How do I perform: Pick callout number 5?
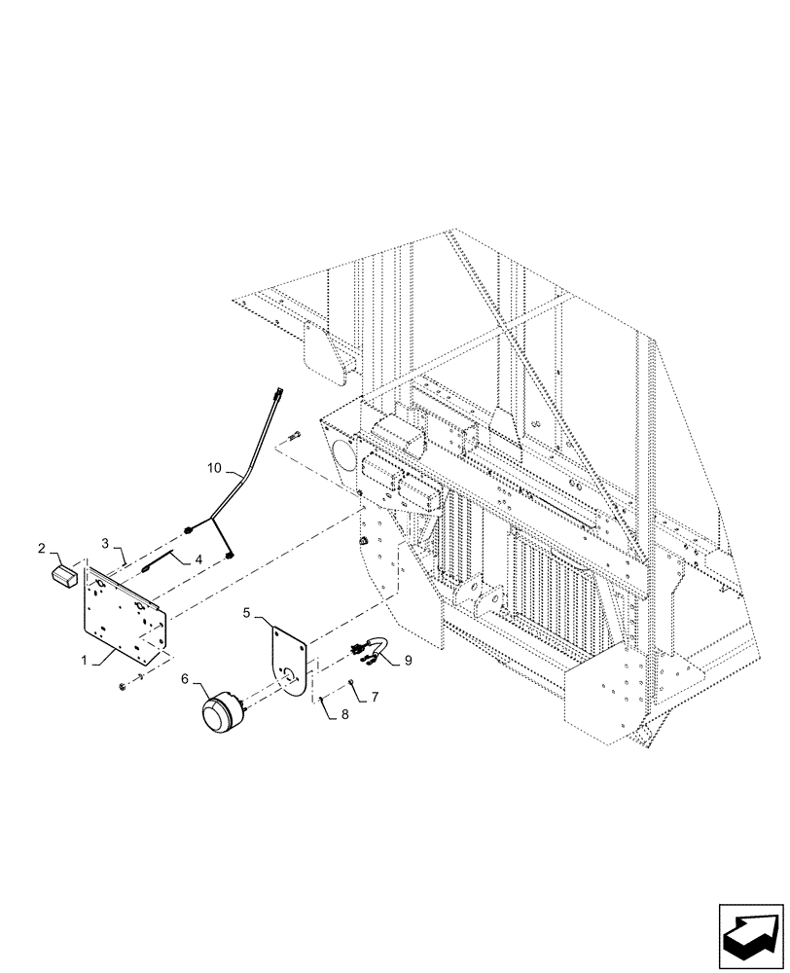tap(247, 614)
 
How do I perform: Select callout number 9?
tap(407, 660)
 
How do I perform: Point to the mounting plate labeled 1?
tap(126, 613)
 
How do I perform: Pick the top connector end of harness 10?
tap(280, 393)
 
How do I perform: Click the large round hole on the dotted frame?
tap(341, 452)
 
